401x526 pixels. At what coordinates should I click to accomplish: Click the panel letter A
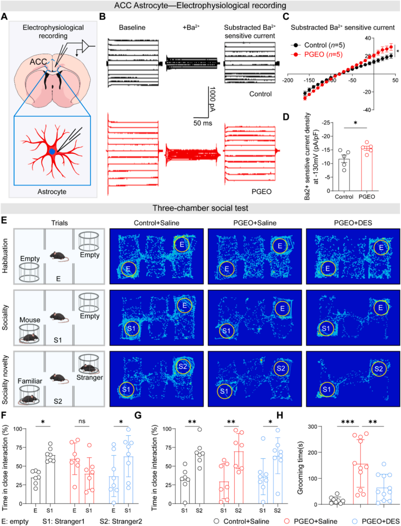[4, 16]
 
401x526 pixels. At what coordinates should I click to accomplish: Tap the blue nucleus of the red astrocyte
[52, 152]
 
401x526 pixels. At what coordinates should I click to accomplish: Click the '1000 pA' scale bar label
[212, 99]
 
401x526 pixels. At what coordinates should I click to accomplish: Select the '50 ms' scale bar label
[203, 123]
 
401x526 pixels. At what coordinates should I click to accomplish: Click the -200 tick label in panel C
[288, 80]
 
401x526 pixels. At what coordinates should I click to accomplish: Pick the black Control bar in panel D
[344, 175]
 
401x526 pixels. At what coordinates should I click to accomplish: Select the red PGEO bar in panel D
[367, 169]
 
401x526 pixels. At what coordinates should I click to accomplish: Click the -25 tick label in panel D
[326, 123]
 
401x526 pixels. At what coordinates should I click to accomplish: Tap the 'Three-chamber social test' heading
[200, 208]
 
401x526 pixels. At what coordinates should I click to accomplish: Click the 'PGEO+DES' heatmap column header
[353, 223]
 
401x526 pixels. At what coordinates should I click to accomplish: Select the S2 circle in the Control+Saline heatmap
[183, 366]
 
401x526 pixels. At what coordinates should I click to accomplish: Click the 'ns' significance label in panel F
[82, 421]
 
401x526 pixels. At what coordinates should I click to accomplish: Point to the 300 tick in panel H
[313, 427]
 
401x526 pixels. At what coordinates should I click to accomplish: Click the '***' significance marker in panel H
[348, 422]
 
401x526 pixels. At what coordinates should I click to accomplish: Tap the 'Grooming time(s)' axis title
[300, 468]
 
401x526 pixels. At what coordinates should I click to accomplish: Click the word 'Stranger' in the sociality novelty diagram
[89, 377]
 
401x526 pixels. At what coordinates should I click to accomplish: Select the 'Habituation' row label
[5, 256]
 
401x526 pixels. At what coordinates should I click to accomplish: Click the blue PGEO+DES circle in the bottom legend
[355, 521]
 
